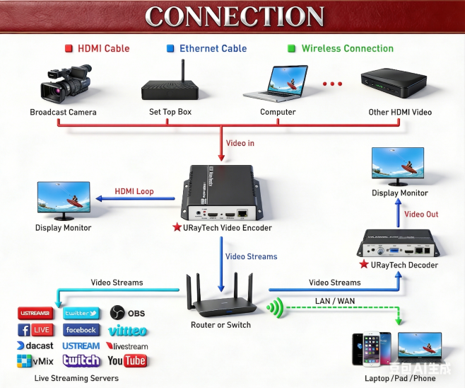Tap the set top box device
point(170,87)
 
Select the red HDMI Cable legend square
point(69,49)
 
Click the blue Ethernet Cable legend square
point(170,49)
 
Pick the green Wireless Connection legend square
point(291,49)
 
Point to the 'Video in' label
point(240,143)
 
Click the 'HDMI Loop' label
point(134,191)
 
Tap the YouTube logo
point(127,361)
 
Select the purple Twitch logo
point(81,360)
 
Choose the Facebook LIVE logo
point(35,330)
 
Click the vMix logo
point(35,361)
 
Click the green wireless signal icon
point(275,308)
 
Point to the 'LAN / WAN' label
point(336,302)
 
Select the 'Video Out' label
point(421,215)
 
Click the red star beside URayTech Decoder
point(364,265)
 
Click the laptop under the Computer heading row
point(277,84)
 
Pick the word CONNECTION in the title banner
point(234,16)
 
